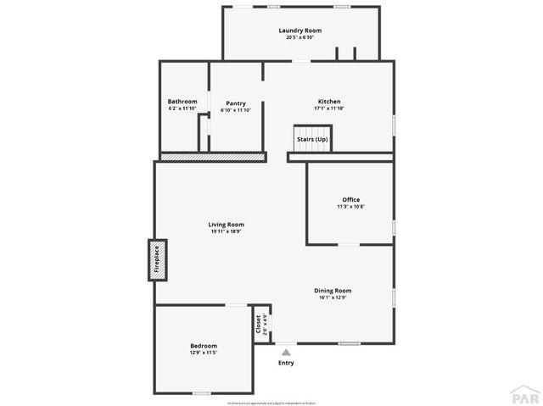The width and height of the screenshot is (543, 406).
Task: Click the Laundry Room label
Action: coord(300,31)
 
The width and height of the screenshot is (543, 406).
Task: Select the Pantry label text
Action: coord(235,103)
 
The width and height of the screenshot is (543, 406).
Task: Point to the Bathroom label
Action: coord(182,101)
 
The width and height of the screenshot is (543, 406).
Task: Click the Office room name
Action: coord(351,200)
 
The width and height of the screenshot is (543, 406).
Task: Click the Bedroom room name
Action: coord(204,345)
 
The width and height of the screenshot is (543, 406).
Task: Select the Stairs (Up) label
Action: coord(312,139)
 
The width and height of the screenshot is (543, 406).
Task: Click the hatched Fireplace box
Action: coord(156,260)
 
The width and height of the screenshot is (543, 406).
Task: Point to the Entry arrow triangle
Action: coord(287,351)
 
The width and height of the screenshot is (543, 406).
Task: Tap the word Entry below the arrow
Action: coord(287,363)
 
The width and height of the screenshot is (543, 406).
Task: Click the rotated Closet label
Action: coord(258,324)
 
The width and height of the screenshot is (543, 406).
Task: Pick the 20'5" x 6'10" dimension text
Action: coord(300,37)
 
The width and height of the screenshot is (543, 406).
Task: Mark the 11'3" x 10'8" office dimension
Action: coord(351,207)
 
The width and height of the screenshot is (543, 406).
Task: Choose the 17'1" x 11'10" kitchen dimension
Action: coord(329,108)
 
